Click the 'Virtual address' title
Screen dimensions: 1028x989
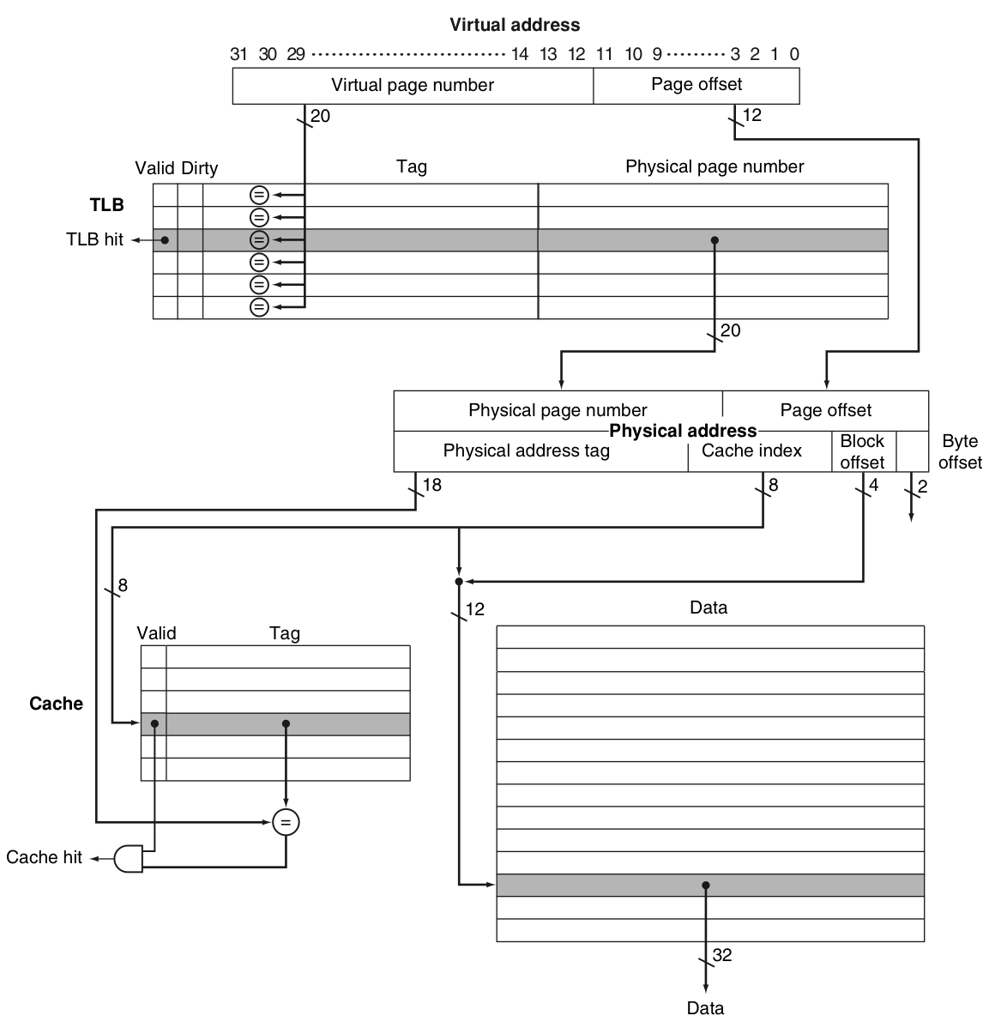click(515, 25)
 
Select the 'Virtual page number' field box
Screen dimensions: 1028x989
click(413, 86)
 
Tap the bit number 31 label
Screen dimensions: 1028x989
click(238, 54)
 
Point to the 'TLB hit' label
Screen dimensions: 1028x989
click(94, 239)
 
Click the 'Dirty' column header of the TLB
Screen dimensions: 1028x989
click(199, 168)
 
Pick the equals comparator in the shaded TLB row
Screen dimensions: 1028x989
click(259, 239)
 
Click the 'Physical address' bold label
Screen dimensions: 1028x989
click(683, 431)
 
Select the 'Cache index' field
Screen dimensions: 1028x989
click(751, 451)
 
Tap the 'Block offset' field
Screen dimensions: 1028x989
click(862, 451)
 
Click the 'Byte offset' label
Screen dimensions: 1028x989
click(960, 451)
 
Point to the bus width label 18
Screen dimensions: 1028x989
click(432, 486)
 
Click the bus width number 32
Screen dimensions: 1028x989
click(722, 955)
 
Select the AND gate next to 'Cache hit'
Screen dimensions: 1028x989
click(129, 858)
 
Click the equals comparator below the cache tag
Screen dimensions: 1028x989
click(286, 823)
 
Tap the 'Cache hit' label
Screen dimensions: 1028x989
click(44, 857)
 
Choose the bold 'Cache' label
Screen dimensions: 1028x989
click(56, 704)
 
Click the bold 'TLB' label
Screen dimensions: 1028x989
click(107, 205)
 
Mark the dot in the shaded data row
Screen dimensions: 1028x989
click(705, 885)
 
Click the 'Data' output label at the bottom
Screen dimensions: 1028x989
click(705, 1008)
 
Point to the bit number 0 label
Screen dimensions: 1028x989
click(794, 54)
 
